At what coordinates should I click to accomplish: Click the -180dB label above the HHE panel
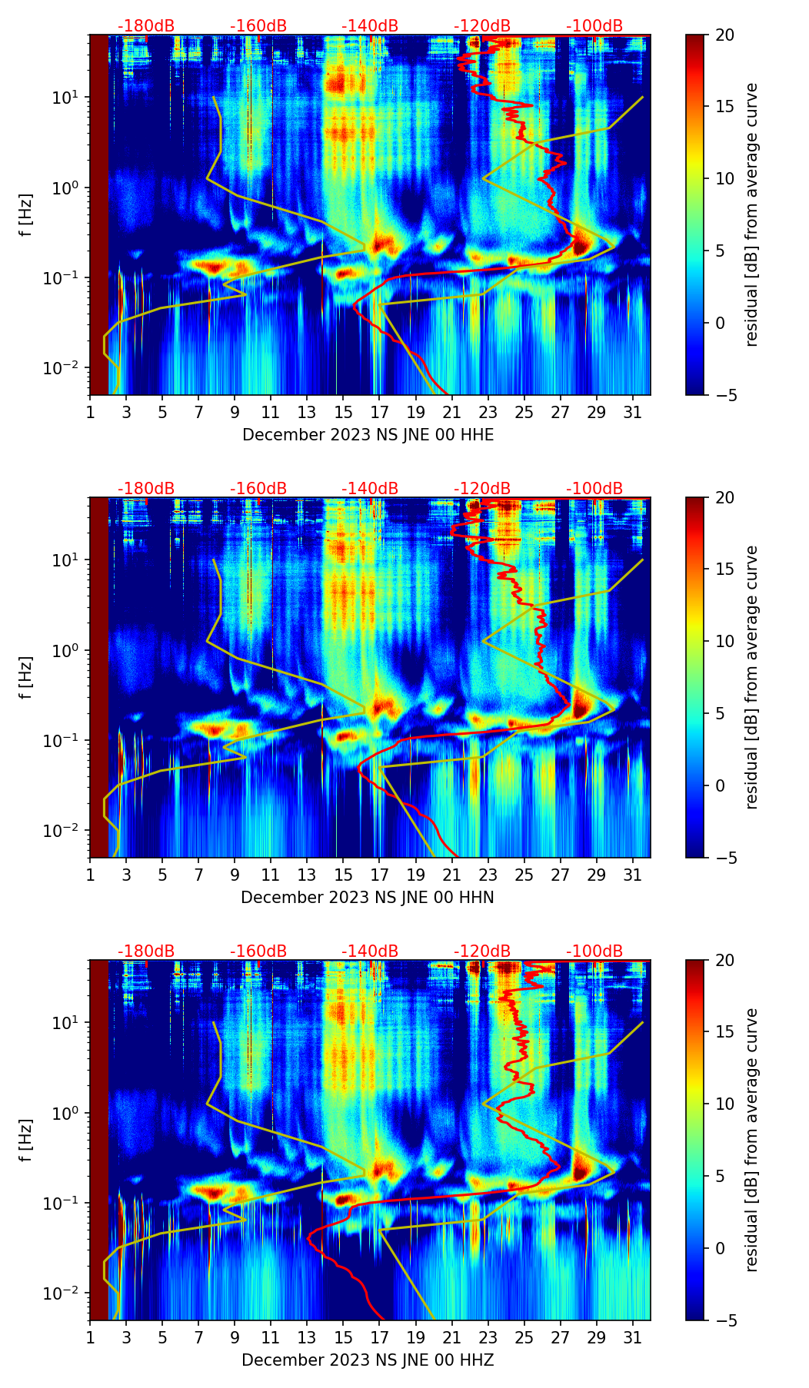coord(146,26)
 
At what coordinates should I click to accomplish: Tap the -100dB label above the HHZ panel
coord(594,951)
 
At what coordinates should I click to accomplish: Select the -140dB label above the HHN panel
coord(370,489)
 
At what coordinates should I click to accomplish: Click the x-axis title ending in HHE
coord(368,435)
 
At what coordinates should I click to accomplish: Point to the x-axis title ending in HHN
coord(368,898)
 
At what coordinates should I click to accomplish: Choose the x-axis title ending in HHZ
coord(368,1360)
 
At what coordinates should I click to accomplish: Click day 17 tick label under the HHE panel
coord(380,412)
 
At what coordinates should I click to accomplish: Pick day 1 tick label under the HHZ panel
coord(90,1337)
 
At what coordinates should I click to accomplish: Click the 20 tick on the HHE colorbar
coord(724,35)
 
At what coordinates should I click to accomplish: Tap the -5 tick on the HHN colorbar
coord(724,858)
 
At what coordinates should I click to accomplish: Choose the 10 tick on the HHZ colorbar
coord(724,1104)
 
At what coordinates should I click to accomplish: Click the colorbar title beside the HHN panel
coord(752,677)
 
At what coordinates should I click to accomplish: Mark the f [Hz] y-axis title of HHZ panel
coord(26,1140)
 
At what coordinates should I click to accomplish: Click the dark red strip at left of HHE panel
coord(99,215)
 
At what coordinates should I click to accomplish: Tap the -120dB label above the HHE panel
coord(482,26)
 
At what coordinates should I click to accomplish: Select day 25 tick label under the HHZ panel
coord(524,1337)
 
